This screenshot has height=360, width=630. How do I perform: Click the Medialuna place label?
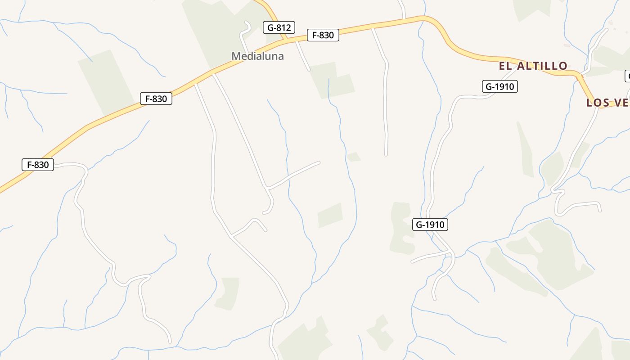coord(257,56)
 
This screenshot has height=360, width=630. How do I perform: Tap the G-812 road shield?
coord(279,27)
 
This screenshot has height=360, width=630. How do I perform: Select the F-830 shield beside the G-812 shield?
coord(323,35)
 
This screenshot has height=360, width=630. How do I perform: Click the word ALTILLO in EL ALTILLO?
coord(542,66)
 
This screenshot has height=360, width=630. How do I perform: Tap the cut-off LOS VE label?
coord(607,103)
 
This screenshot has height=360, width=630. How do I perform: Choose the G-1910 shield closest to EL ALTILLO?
coord(499,86)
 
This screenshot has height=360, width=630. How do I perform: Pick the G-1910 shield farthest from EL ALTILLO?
coord(430,225)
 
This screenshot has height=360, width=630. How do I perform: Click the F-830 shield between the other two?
coord(156,99)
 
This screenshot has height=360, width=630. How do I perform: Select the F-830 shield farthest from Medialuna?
coord(38,165)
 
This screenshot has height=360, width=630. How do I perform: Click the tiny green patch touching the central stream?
coord(354,157)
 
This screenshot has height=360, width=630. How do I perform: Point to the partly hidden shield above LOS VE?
coord(627,76)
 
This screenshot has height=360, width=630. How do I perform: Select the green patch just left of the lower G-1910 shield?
coord(401,227)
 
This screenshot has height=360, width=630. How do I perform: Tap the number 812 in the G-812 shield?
coord(284,27)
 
